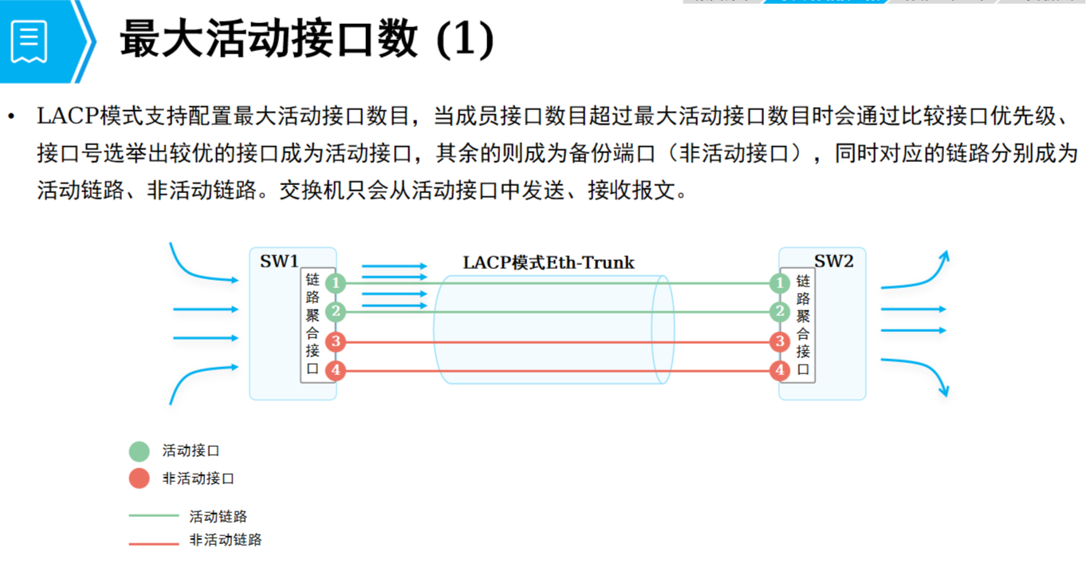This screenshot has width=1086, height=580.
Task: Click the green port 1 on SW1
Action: [336, 283]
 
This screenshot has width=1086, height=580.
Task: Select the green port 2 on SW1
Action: [336, 312]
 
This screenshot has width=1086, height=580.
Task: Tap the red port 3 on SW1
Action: [336, 342]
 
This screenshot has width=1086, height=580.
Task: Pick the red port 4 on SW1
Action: [336, 370]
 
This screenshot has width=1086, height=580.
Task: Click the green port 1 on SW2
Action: [780, 283]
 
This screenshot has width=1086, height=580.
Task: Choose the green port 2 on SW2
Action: [780, 312]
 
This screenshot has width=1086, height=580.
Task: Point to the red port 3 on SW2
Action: [780, 342]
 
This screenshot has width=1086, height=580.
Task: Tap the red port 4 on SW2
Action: [780, 370]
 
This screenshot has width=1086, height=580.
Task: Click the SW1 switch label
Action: [279, 261]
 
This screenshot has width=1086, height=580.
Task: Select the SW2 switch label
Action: [833, 261]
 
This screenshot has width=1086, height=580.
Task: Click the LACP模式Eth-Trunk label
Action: [549, 262]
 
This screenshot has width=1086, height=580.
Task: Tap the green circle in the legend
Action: [140, 452]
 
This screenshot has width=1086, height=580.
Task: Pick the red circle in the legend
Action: [140, 479]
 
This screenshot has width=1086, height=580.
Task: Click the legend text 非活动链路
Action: [226, 540]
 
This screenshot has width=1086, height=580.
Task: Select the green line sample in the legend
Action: [154, 516]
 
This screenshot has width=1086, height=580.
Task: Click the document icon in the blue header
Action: [30, 41]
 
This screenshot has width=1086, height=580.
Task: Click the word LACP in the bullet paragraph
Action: [65, 116]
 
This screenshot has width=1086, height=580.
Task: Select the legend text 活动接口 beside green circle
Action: [191, 451]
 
